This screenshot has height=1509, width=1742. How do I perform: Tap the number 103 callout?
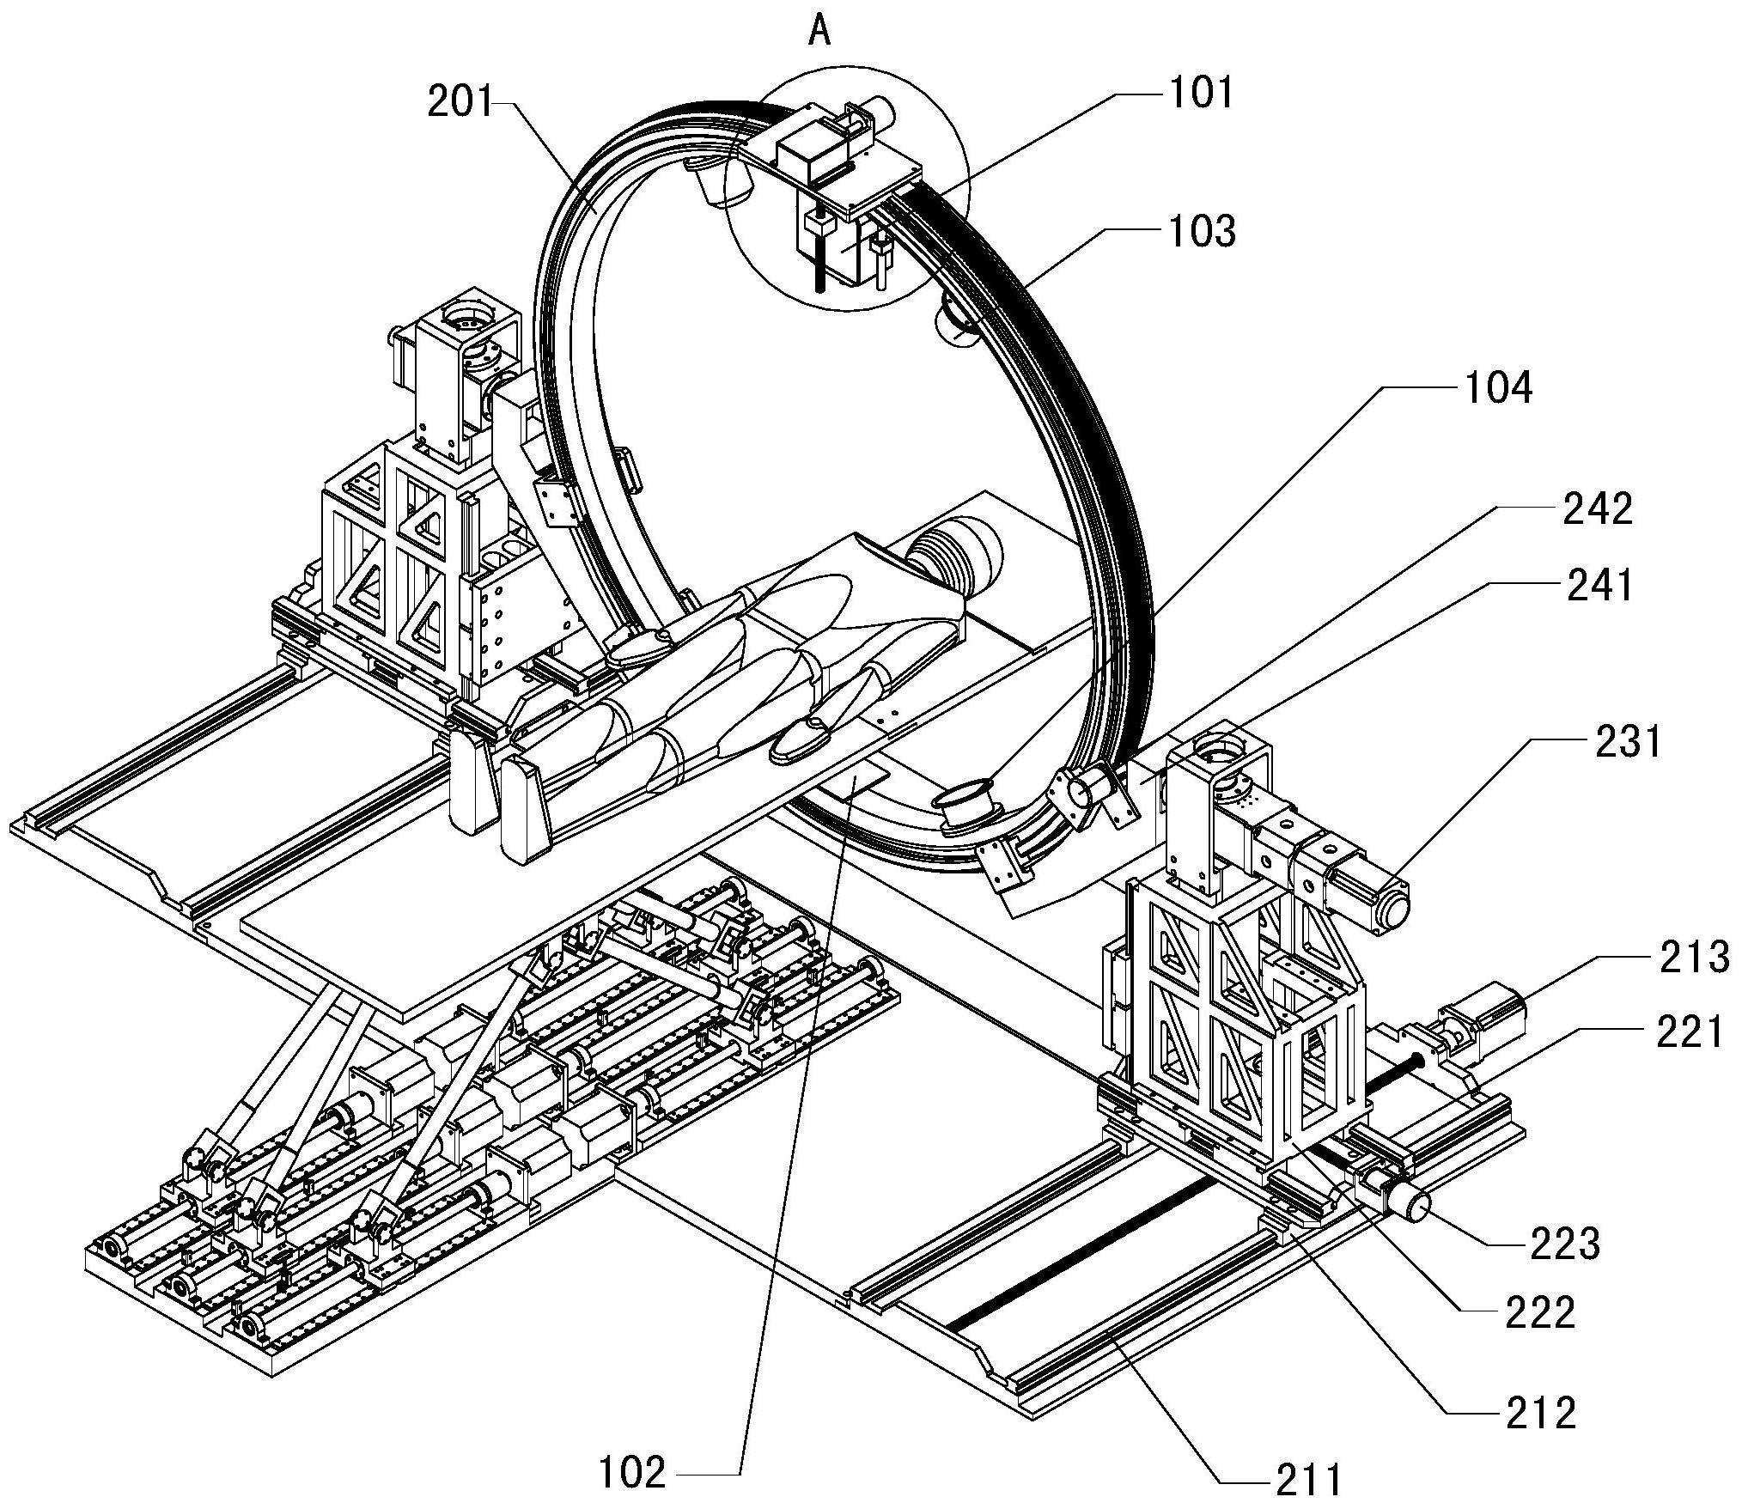click(x=1203, y=232)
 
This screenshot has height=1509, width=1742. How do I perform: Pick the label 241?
click(x=1596, y=587)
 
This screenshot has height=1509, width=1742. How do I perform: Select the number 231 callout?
click(x=1629, y=741)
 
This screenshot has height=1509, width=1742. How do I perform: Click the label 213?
click(x=1692, y=957)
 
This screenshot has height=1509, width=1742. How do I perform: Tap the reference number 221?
click(x=1689, y=1031)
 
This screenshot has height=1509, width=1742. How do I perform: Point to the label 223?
click(x=1565, y=1244)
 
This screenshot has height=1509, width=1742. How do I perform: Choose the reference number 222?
click(x=1541, y=1312)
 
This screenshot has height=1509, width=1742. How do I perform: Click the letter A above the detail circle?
click(x=820, y=32)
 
